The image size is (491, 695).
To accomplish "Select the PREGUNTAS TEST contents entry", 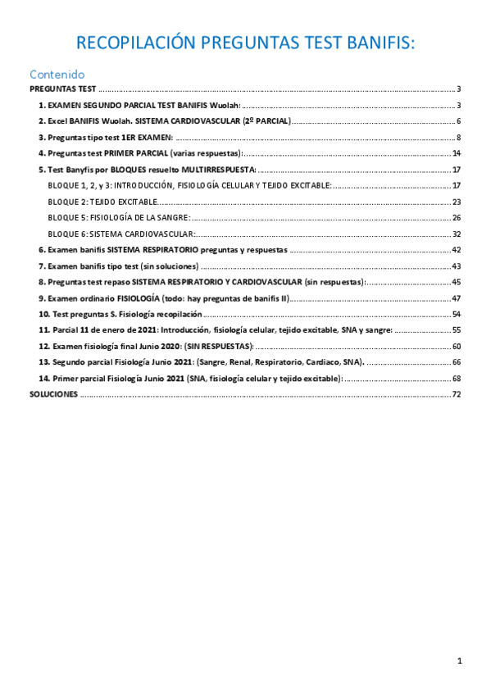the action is pyautogui.click(x=63, y=89).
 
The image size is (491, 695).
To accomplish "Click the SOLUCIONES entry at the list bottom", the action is pyautogui.click(x=54, y=394).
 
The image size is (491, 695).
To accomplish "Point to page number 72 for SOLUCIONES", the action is pyautogui.click(x=457, y=394).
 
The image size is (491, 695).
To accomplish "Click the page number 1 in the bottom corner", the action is pyautogui.click(x=460, y=661).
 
